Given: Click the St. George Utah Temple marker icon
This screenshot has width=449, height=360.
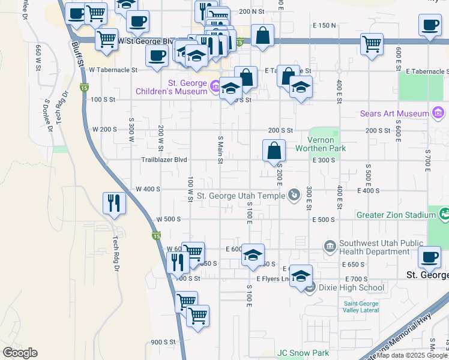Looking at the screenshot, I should tap(294, 194).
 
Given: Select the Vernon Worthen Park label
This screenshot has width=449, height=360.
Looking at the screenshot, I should tap(321, 144).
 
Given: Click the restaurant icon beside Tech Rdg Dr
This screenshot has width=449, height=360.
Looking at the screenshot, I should tap(113, 203).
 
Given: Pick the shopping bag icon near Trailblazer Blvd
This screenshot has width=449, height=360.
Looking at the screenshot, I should tap(274, 151).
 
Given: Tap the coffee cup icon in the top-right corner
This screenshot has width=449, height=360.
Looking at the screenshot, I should tap(429, 26).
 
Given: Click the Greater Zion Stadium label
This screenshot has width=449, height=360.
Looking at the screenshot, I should tap(396, 214).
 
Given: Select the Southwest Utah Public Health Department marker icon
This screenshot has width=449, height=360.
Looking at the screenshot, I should tap(330, 245).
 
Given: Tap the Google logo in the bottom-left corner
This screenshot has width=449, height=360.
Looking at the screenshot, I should tap(20, 353).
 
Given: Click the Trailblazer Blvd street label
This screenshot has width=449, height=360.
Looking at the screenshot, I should tap(164, 160).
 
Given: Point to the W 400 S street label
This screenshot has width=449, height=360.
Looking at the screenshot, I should tap(148, 189).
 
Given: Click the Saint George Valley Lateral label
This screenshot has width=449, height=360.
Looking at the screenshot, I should tap(361, 307).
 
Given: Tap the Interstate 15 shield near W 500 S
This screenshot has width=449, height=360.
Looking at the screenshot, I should tap(156, 237).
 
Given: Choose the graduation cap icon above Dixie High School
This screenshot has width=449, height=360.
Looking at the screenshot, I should tap(301, 276).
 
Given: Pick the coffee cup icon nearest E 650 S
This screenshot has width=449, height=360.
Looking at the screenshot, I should tap(429, 257).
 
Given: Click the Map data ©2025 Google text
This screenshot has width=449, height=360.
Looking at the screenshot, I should tap(412, 355).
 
